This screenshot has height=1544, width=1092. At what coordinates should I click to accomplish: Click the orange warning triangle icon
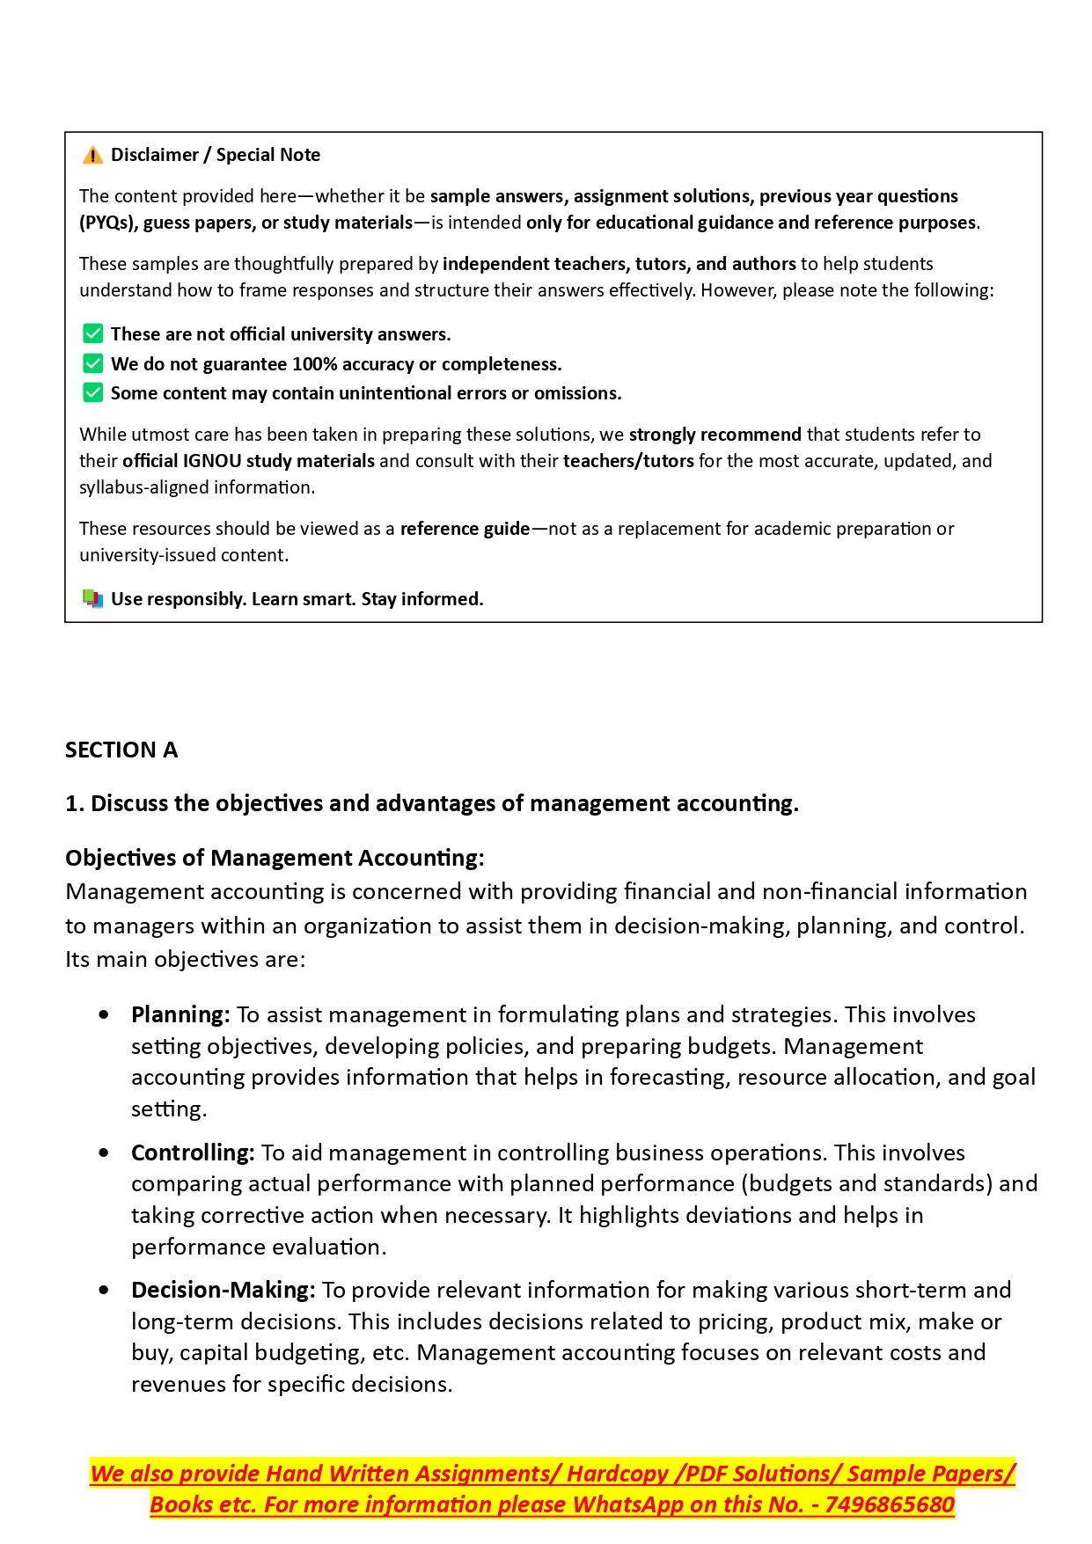tap(92, 156)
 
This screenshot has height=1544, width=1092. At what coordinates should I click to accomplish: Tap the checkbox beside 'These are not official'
tap(92, 334)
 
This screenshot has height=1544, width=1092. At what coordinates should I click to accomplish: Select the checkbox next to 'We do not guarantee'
tap(92, 363)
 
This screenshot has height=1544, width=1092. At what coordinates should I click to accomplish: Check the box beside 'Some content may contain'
tap(92, 392)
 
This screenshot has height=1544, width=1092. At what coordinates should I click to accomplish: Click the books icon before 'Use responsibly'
tap(92, 599)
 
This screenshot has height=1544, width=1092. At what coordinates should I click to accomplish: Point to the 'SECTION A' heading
tap(121, 750)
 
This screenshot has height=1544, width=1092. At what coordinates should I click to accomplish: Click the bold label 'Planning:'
tap(180, 1015)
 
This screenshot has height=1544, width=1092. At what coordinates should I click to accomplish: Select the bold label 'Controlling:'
tap(193, 1153)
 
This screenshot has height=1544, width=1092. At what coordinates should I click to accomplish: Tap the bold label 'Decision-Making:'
tap(223, 1291)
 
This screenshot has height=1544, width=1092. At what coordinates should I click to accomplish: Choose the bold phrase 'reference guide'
tap(465, 529)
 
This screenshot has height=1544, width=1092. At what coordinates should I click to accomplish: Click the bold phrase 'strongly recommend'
tap(715, 435)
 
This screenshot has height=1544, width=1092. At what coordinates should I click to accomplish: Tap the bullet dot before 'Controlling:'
tap(105, 1153)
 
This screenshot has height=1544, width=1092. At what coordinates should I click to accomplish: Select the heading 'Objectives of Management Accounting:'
tap(275, 858)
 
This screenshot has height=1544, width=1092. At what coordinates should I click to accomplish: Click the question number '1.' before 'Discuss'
tap(75, 804)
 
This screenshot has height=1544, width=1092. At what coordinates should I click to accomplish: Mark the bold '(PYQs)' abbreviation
tap(108, 223)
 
